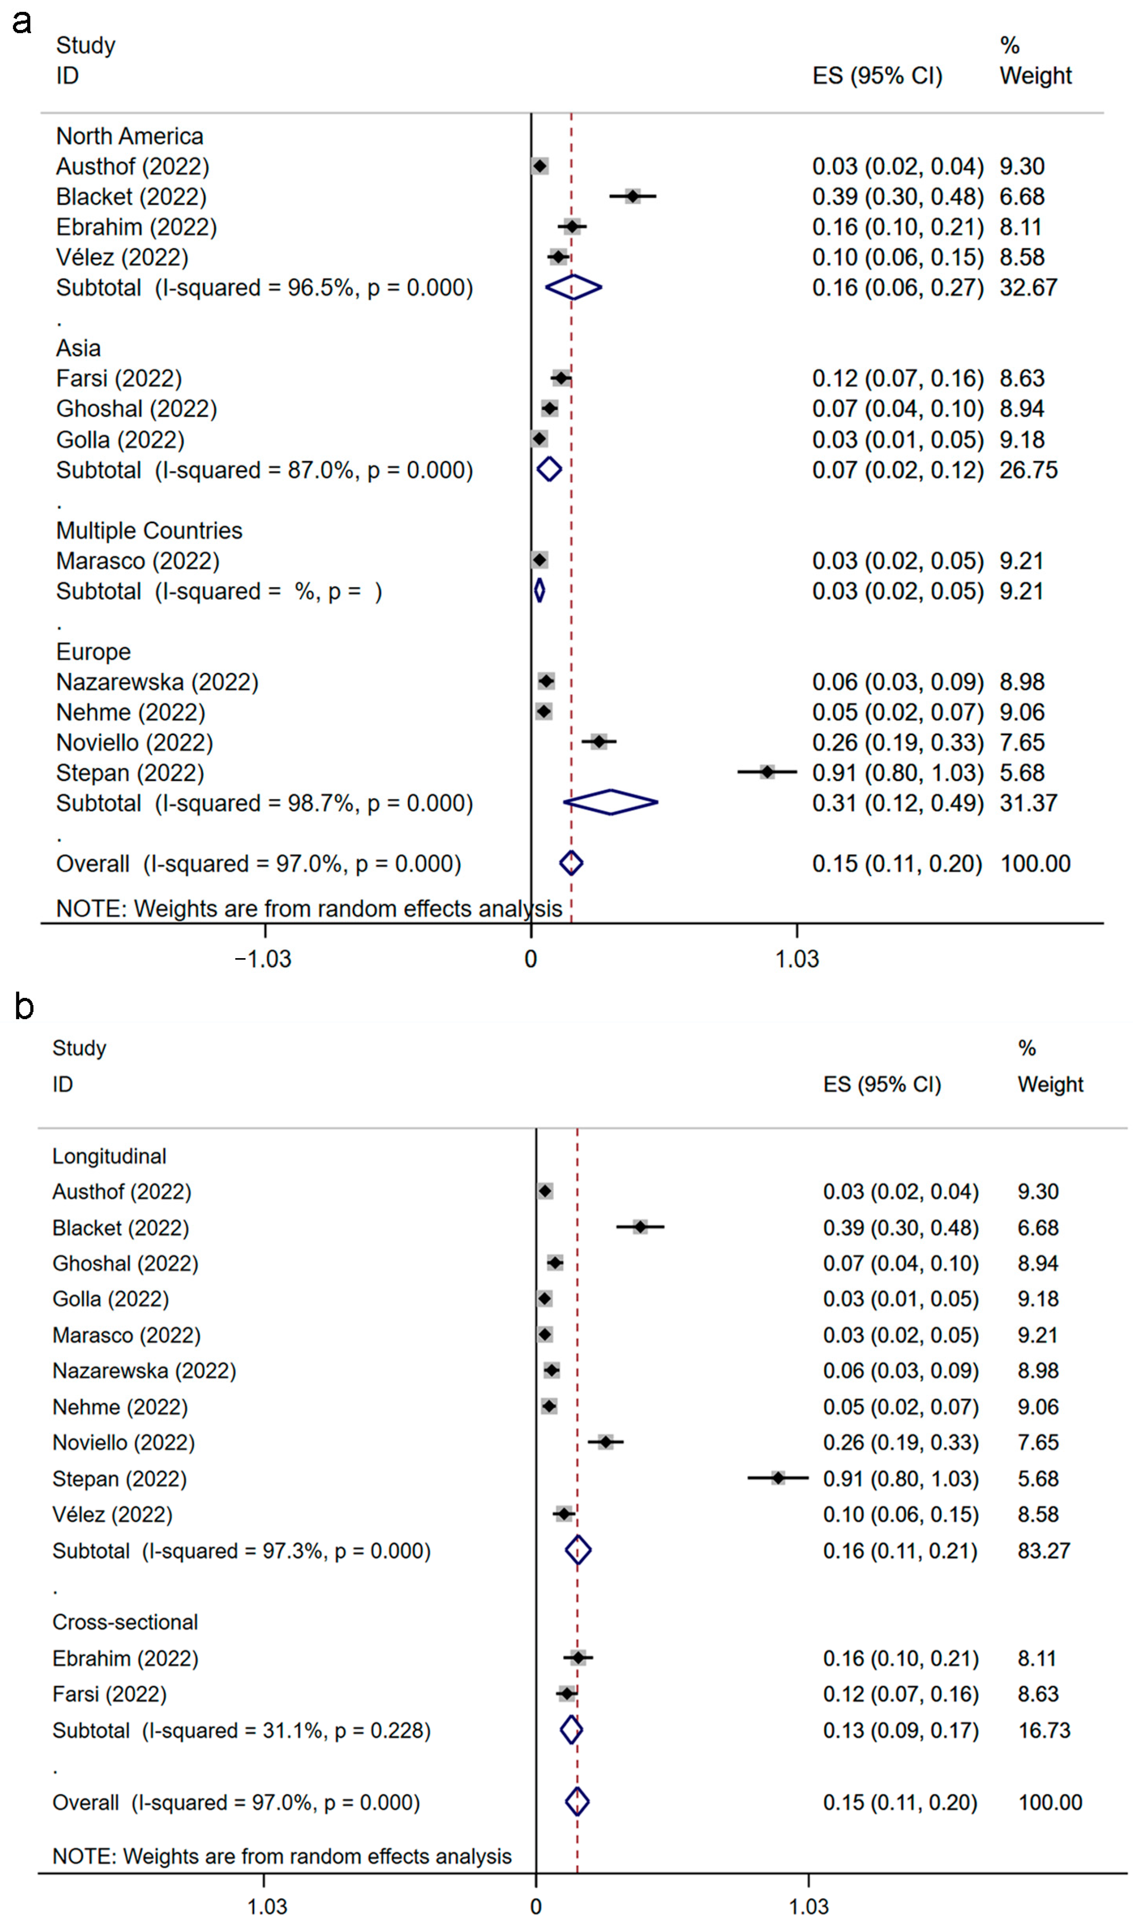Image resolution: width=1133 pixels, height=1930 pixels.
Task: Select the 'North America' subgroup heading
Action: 130,136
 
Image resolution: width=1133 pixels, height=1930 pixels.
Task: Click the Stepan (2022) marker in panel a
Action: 767,772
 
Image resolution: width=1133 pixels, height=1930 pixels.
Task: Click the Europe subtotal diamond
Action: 611,803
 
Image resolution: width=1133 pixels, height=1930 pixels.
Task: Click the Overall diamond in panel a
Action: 571,863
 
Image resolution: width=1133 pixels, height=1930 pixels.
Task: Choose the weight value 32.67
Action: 1028,288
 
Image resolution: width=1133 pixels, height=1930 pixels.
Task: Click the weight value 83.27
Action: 1043,1551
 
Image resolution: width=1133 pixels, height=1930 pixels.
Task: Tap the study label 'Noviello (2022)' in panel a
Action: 134,742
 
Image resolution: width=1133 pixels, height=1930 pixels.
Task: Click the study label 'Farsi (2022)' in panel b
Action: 109,1694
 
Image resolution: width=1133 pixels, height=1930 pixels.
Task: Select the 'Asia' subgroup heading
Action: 78,348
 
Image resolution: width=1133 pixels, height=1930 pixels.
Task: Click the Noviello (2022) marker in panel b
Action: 605,1442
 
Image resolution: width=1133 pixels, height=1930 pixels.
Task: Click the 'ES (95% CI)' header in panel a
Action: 877,76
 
